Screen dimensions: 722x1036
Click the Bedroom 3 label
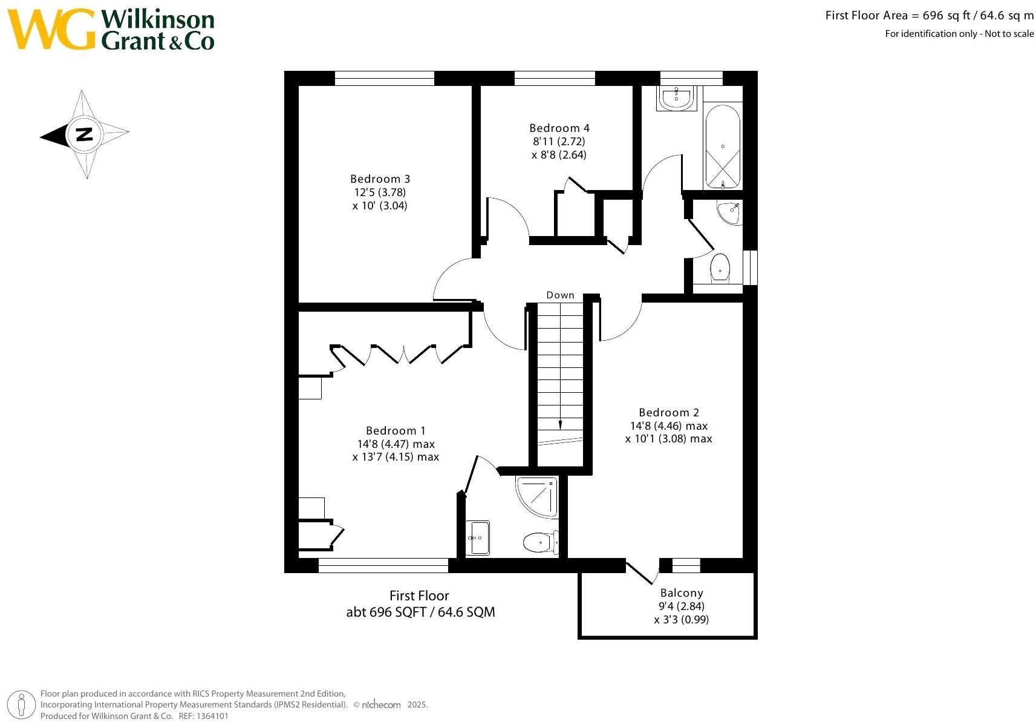click(380, 179)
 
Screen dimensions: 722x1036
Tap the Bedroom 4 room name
click(559, 128)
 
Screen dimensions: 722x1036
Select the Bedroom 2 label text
click(668, 413)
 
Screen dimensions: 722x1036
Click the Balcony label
click(681, 593)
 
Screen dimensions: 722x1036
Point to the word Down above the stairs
click(560, 295)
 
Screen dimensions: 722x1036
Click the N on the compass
click(84, 134)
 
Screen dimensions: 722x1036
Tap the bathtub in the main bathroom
click(722, 146)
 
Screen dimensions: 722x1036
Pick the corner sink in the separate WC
click(731, 212)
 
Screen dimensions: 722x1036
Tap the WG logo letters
click(51, 29)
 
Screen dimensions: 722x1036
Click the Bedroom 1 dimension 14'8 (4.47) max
click(396, 444)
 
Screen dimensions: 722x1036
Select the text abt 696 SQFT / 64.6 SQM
click(420, 612)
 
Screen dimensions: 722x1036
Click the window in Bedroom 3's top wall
click(385, 78)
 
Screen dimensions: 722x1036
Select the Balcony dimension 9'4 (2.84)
click(681, 606)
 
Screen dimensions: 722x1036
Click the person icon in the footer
click(22, 704)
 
